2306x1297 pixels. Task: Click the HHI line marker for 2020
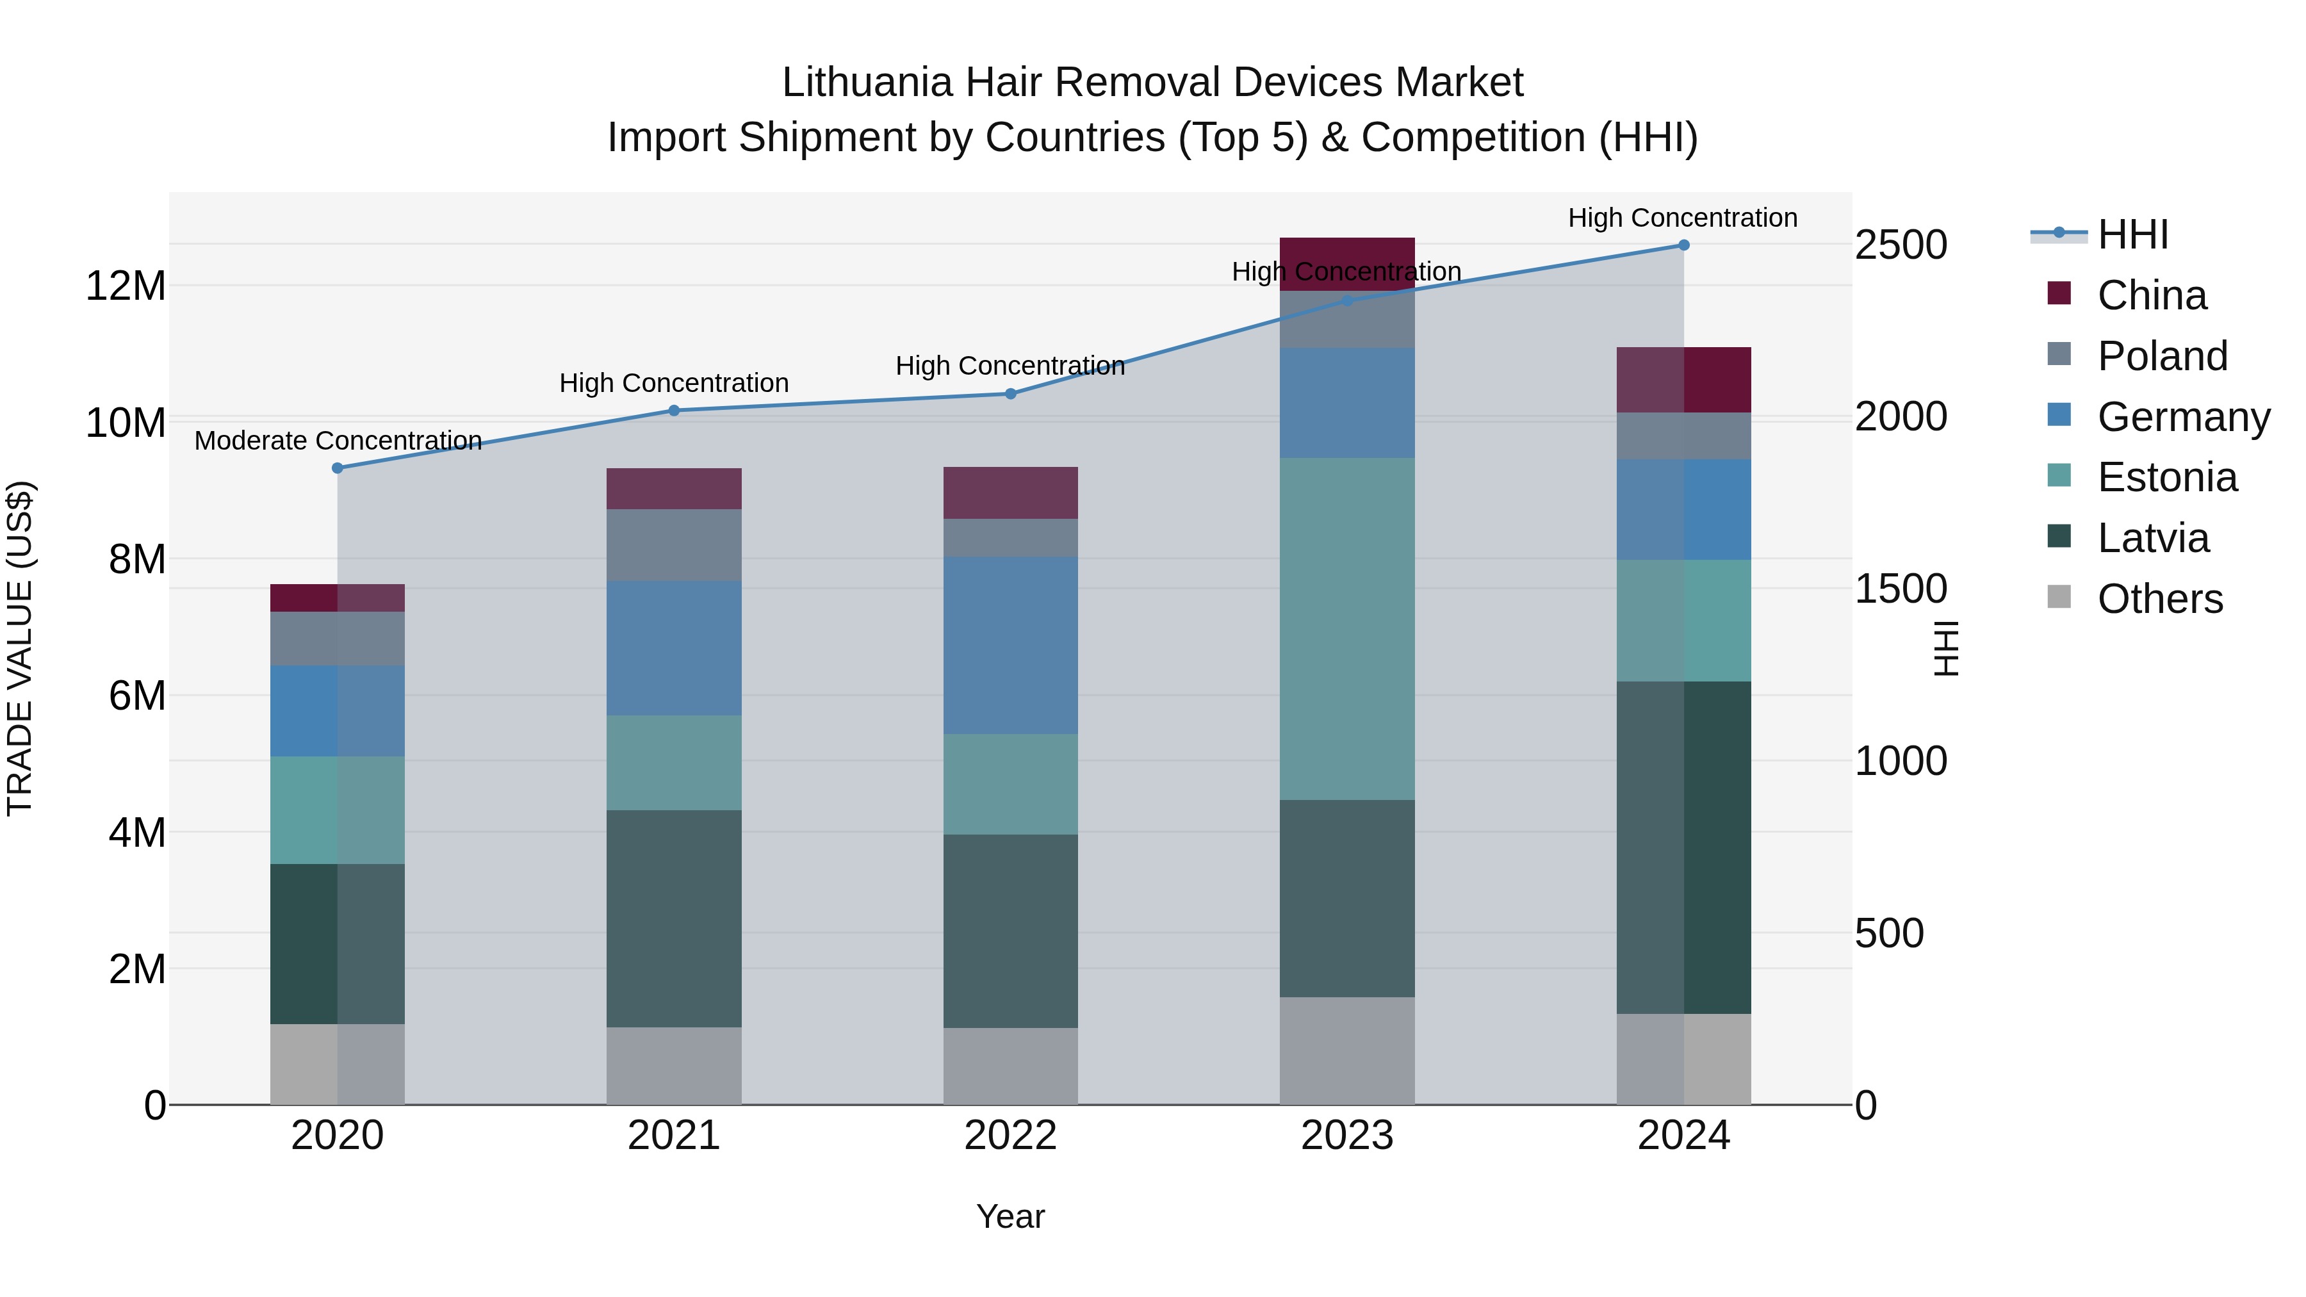tap(338, 468)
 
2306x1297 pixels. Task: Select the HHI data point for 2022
tap(1011, 394)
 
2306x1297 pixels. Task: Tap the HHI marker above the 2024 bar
tap(1684, 245)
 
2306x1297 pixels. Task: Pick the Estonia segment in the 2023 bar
tap(1347, 628)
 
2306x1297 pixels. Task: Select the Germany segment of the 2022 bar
tap(1011, 646)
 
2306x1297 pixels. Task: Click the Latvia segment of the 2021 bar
tap(674, 918)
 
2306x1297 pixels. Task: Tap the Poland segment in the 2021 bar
tap(674, 545)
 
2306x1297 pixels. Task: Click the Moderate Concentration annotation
tap(338, 441)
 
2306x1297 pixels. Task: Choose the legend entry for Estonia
tap(2167, 477)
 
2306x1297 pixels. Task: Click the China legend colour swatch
tap(2059, 293)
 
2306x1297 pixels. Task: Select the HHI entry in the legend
tap(2132, 234)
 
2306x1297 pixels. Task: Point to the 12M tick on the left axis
tap(126, 286)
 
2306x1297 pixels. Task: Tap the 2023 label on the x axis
tap(1347, 1136)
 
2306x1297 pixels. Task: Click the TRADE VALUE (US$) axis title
tap(20, 648)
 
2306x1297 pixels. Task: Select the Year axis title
tap(1011, 1216)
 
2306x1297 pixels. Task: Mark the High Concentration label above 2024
tap(1683, 218)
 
